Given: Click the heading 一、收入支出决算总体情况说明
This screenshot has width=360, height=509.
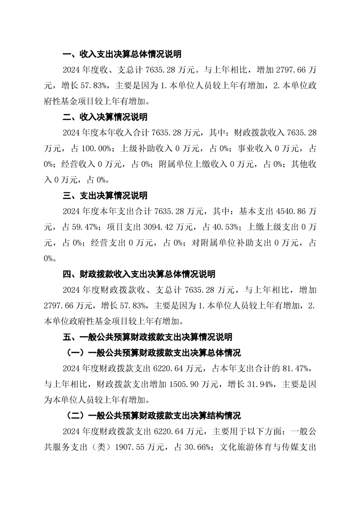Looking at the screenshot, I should (122, 55).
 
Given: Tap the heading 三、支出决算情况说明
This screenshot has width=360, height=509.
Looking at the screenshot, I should (104, 196).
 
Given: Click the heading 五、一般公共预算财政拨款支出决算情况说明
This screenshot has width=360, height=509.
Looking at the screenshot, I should (147, 337).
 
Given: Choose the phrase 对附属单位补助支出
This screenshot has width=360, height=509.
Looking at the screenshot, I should (233, 243).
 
